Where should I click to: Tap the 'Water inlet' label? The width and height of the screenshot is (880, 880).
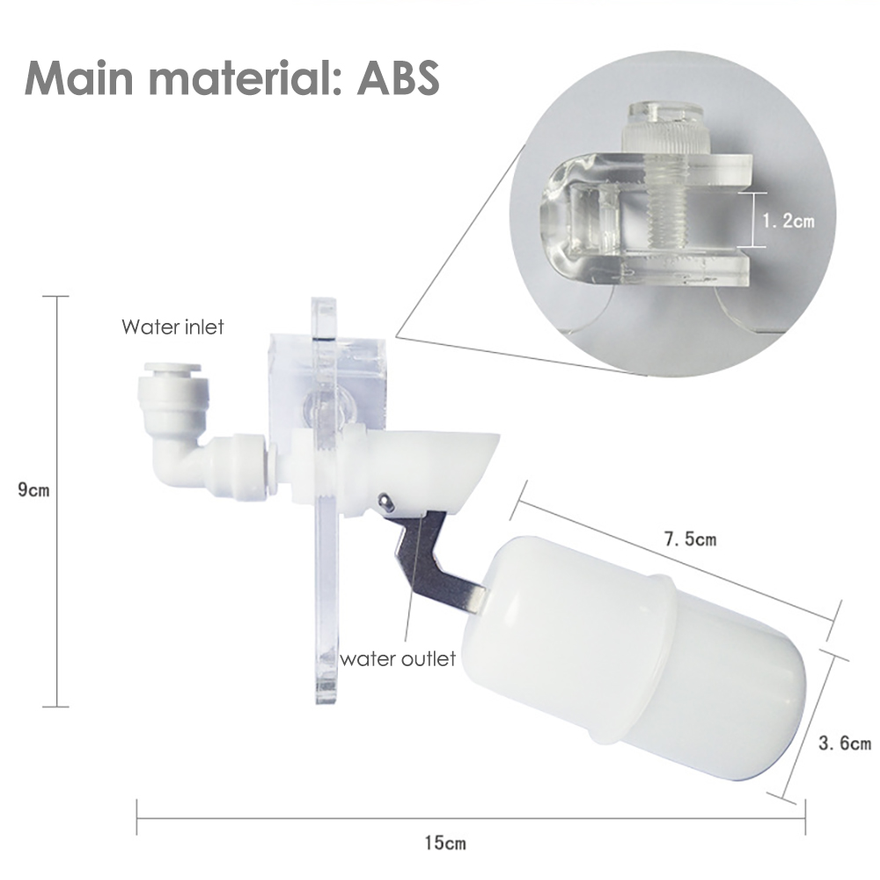[x=172, y=327]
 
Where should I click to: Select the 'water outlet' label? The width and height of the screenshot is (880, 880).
[x=398, y=658]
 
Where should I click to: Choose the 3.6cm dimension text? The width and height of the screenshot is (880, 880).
[x=844, y=744]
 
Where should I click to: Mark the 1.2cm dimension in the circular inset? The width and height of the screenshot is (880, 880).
[x=787, y=220]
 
